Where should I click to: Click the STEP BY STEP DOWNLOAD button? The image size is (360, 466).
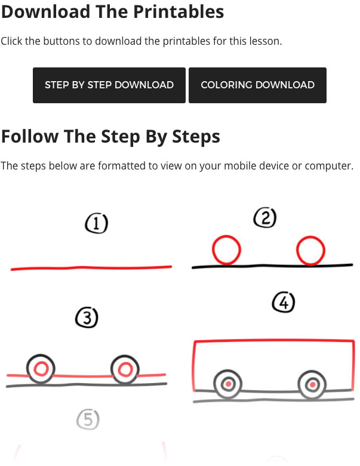[109, 85]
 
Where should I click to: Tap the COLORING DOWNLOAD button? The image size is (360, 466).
[257, 85]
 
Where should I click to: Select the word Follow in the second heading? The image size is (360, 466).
[30, 137]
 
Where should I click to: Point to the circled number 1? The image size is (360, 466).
[96, 223]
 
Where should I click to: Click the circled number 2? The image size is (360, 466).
[265, 218]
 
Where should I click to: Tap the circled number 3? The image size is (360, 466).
[87, 317]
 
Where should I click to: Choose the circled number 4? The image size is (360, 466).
[284, 303]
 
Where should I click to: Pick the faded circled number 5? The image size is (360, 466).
[88, 419]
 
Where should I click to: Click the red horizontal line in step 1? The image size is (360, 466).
[91, 268]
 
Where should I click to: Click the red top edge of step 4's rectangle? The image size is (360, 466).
[274, 341]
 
